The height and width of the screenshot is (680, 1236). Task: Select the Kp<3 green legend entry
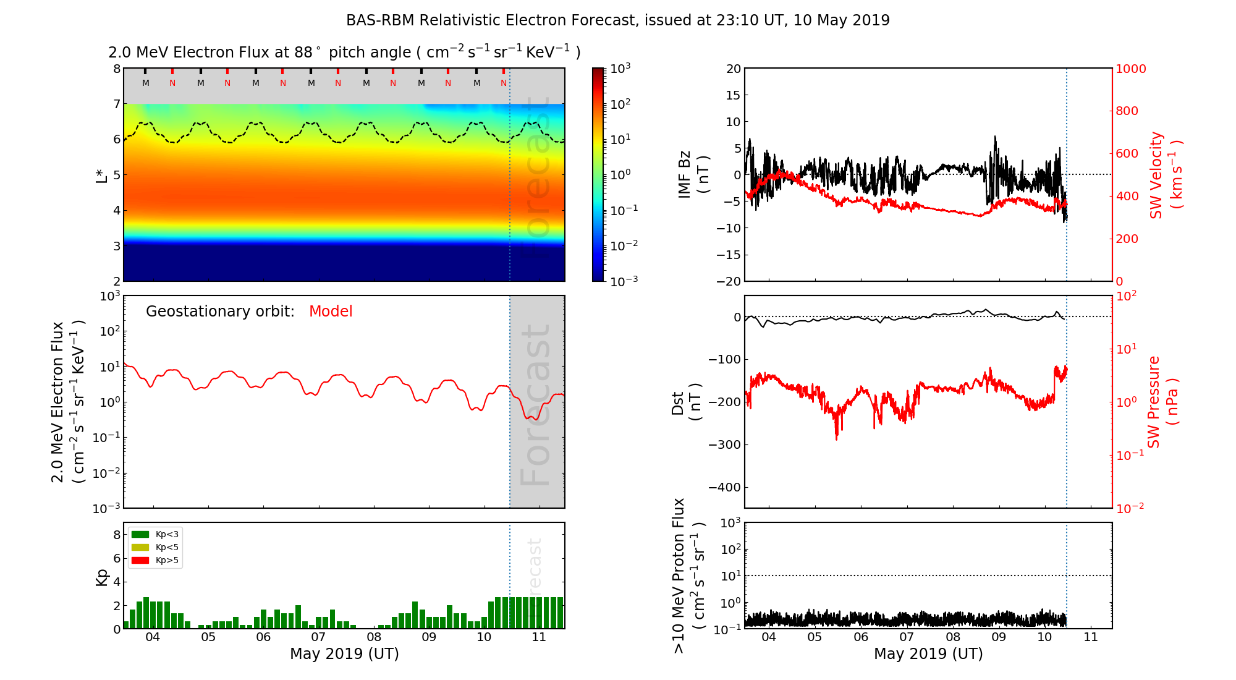[155, 534]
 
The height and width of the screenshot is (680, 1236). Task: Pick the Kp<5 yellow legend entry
[155, 547]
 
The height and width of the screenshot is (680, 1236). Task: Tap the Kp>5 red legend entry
[155, 561]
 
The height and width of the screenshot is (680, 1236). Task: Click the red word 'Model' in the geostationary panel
[331, 312]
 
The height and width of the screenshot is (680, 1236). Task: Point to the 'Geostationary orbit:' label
[220, 312]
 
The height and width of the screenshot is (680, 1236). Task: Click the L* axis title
[101, 174]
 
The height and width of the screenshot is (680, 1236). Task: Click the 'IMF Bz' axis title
[692, 175]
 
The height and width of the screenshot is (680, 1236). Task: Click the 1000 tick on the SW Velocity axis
[1130, 69]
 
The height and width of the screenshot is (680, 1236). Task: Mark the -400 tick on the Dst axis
[724, 487]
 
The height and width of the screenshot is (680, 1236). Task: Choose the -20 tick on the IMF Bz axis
[729, 281]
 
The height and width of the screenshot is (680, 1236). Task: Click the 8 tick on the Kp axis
[117, 535]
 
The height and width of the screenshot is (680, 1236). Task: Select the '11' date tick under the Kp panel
[539, 637]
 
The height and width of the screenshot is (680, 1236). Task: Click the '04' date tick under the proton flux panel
[769, 637]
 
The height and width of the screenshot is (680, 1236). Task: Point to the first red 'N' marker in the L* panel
[172, 83]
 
